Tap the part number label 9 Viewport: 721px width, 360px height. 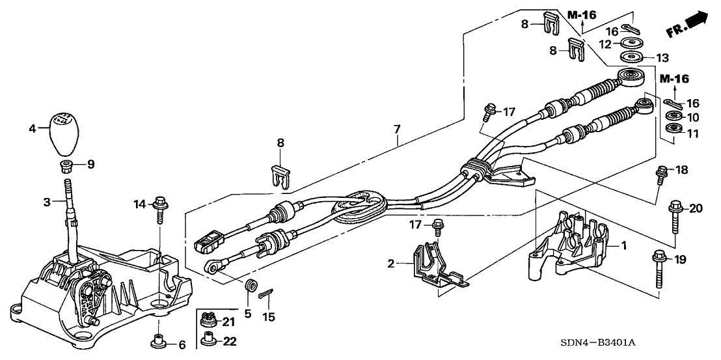point(91,165)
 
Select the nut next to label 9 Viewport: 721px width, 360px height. point(66,166)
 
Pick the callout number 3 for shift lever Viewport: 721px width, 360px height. point(47,202)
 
